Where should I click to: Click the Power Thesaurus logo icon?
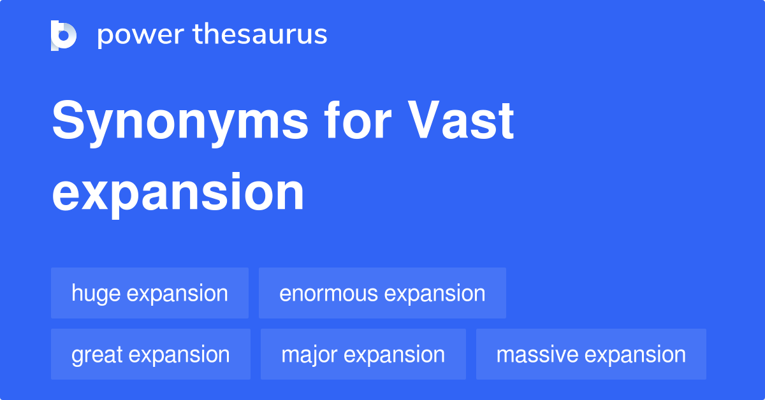click(64, 35)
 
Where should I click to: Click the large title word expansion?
click(178, 193)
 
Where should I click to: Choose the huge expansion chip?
click(150, 293)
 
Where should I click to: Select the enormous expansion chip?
click(382, 293)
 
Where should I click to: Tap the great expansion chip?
click(150, 354)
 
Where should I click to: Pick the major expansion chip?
click(363, 354)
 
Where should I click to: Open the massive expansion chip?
click(591, 354)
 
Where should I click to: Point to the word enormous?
click(329, 294)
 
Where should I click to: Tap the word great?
click(96, 355)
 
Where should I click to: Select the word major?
click(308, 355)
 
